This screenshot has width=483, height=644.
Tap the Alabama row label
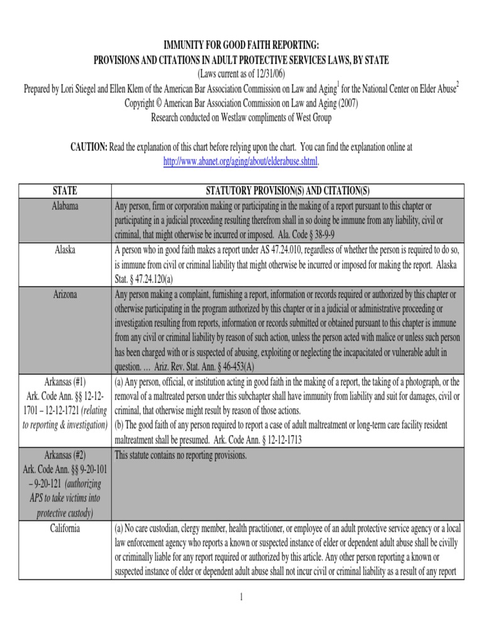coord(65,206)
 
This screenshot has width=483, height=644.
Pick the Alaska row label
coord(65,250)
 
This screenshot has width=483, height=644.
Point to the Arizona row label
coord(65,294)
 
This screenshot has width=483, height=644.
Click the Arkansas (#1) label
coord(65,382)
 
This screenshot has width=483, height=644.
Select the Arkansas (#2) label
coord(65,455)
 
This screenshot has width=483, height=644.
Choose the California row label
coord(65,528)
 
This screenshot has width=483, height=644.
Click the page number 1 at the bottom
coord(241,597)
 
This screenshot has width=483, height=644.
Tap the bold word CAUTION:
coord(89,147)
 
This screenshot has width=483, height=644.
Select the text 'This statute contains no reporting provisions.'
coord(180,455)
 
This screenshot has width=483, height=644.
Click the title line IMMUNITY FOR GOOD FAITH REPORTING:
coord(241,45)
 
